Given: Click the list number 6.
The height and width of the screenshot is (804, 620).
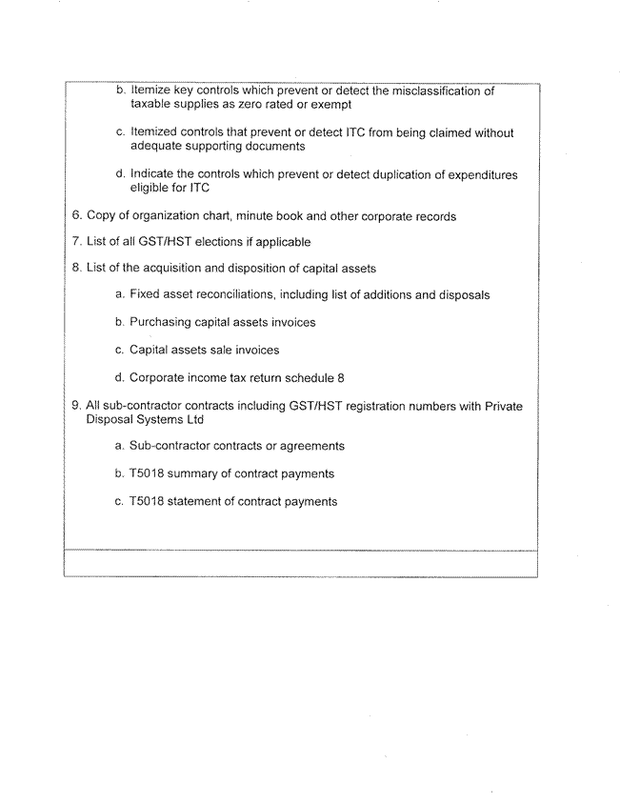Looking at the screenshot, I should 76,216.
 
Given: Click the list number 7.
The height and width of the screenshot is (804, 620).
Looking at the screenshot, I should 76,242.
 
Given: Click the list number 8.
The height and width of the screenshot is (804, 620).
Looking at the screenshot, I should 76,269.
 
